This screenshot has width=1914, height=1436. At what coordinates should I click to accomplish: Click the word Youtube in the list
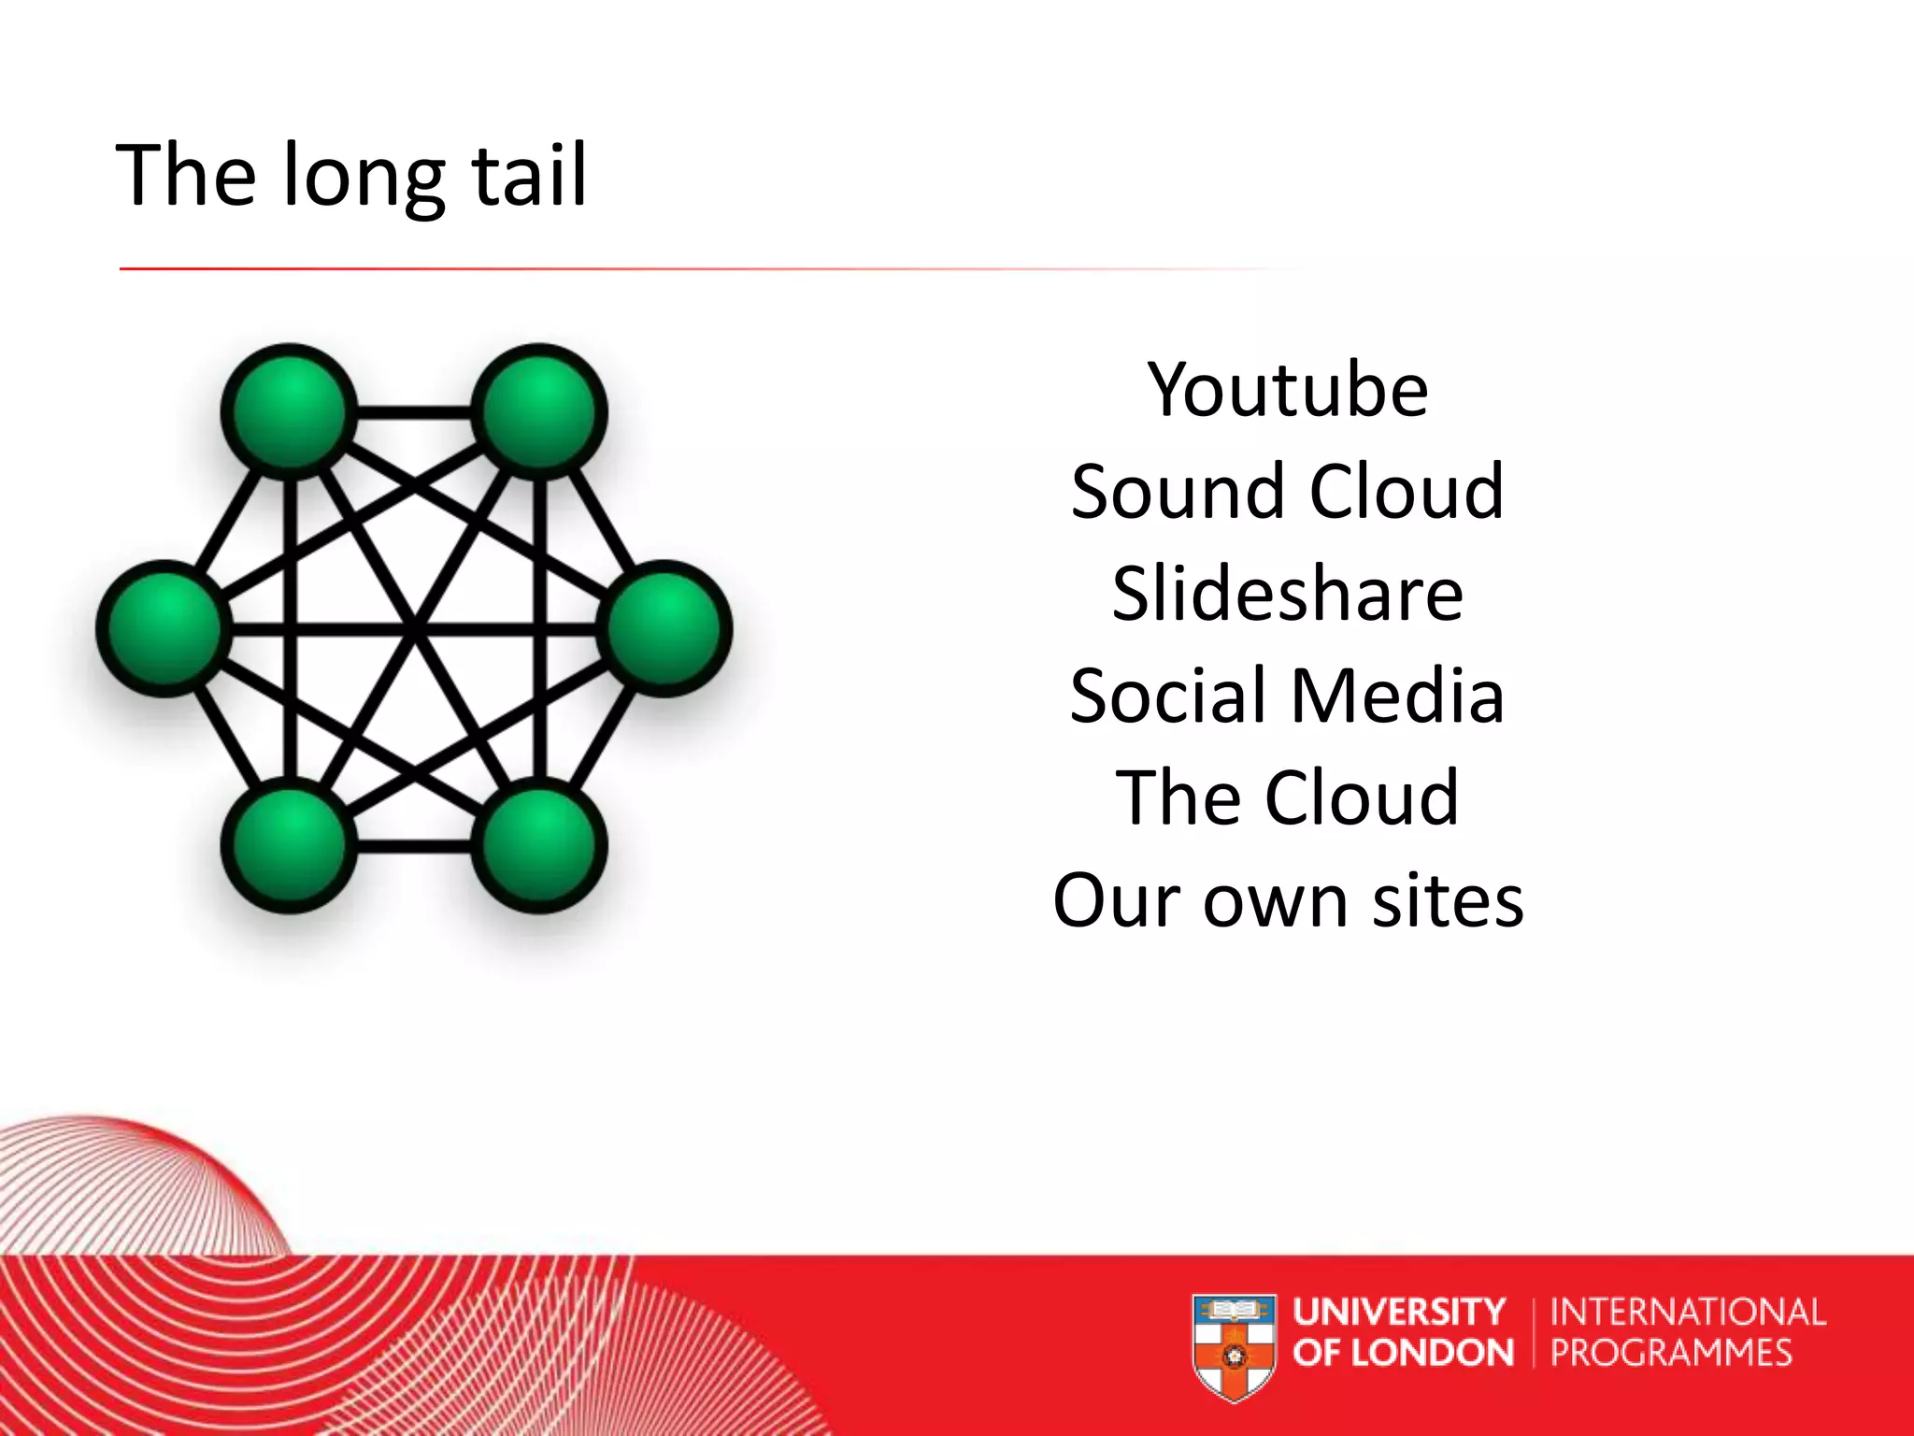click(1288, 390)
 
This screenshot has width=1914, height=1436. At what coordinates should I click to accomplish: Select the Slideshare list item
click(1287, 594)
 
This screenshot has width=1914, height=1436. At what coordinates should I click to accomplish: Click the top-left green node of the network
click(290, 411)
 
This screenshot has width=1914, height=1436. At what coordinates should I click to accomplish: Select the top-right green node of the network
click(539, 411)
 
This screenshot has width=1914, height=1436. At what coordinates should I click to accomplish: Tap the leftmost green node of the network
click(164, 628)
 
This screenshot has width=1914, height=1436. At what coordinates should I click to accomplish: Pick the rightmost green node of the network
click(664, 628)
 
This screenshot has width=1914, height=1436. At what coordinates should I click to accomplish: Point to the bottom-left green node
click(290, 845)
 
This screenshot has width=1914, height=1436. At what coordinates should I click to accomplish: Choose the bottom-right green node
click(539, 845)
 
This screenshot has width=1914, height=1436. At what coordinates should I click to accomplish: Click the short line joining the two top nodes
click(414, 412)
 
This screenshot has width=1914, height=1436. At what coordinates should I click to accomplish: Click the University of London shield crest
click(1234, 1346)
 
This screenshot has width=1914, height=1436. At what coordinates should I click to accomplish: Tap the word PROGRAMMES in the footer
click(1671, 1353)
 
